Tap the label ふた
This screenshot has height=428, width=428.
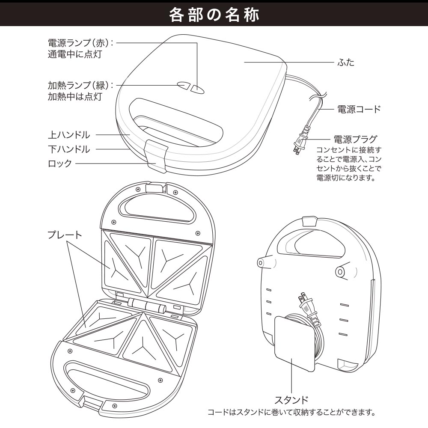346,62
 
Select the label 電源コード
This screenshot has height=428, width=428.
359,109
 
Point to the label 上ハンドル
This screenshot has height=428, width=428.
69,135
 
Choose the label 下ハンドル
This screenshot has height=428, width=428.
69,149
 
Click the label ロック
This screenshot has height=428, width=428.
59,163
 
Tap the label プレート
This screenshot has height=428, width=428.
65,235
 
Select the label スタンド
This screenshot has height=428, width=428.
291,400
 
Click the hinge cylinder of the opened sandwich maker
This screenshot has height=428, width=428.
146,305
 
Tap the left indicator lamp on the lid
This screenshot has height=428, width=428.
183,85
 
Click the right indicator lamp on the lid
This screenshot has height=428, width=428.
197,89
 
